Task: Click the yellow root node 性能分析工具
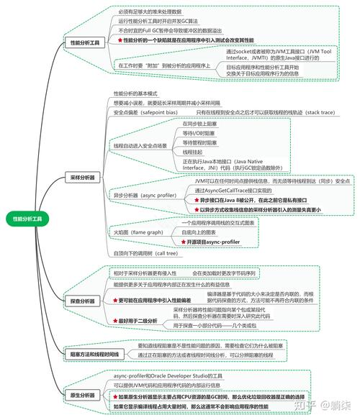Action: coord(27,218)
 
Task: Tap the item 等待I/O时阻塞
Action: coord(199,134)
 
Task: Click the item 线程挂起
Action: coord(193,152)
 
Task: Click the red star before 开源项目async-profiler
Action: coord(183,242)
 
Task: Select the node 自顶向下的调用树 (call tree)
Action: coord(146,253)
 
